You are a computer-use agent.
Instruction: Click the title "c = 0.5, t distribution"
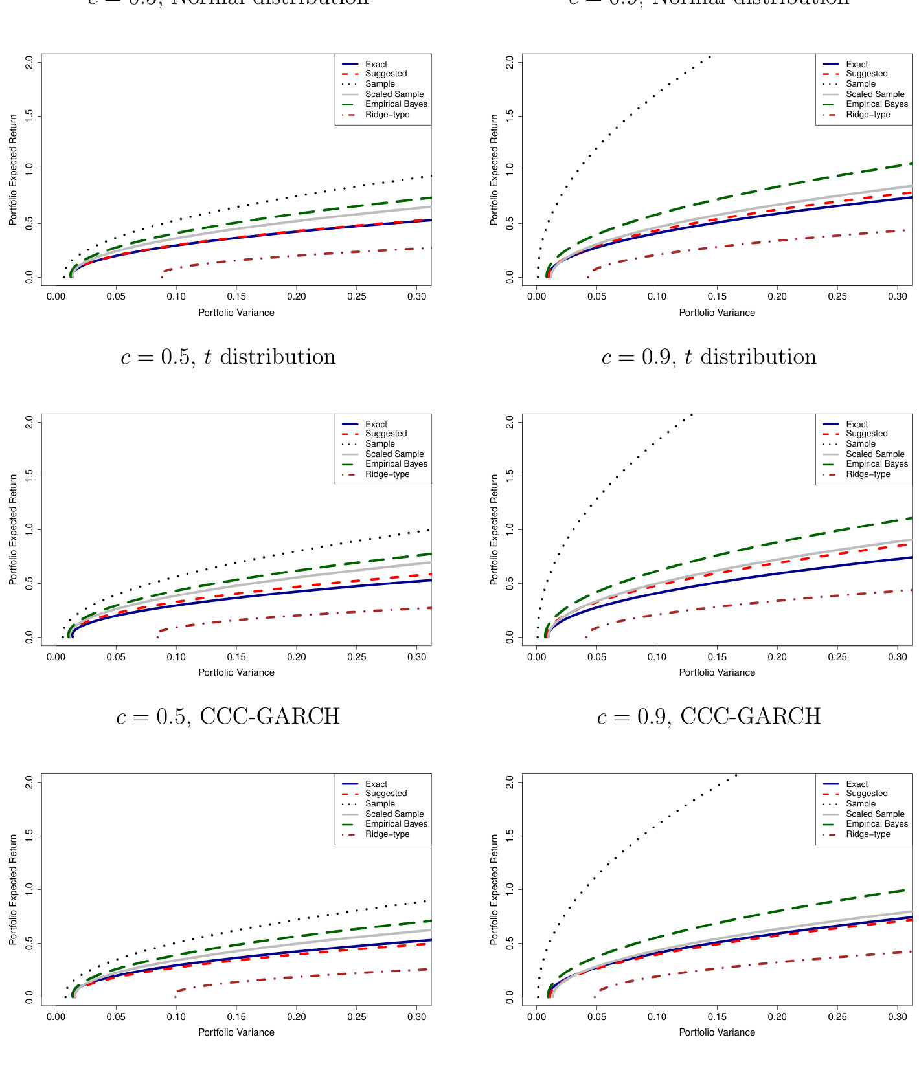(x=228, y=357)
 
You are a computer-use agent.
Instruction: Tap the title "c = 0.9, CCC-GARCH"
(x=709, y=716)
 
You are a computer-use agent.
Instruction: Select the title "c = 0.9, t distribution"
(x=709, y=357)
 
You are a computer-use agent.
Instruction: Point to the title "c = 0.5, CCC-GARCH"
(x=228, y=716)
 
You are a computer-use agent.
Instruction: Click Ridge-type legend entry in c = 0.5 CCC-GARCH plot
(x=387, y=834)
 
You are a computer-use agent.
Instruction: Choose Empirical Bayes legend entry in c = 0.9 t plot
(x=876, y=464)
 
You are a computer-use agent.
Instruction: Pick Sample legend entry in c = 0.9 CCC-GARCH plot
(x=860, y=804)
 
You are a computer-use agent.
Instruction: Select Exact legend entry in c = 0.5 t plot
(x=376, y=425)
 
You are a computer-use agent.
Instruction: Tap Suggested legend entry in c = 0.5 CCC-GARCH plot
(x=385, y=794)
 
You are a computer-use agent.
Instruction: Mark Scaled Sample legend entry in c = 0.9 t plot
(x=874, y=454)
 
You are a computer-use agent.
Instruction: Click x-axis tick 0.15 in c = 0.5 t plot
(x=236, y=657)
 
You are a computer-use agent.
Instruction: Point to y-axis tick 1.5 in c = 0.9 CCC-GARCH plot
(x=510, y=836)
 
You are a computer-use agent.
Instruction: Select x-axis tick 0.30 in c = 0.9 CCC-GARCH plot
(x=898, y=1017)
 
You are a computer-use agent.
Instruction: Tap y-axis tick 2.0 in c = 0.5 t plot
(x=29, y=423)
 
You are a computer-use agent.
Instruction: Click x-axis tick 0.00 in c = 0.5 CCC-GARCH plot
(x=56, y=1017)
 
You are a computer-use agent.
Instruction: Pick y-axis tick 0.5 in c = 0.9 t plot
(x=510, y=584)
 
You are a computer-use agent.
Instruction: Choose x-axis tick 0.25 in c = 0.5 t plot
(x=357, y=657)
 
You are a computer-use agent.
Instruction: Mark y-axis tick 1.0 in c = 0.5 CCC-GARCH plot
(x=29, y=889)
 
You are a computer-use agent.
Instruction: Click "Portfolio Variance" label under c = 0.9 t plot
(x=717, y=672)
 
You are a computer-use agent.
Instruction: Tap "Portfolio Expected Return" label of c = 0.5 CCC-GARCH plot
(x=14, y=889)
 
